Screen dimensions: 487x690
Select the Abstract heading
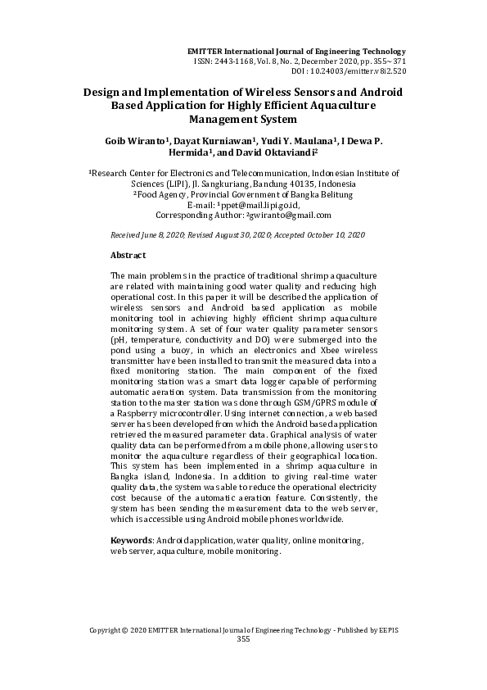pos(128,256)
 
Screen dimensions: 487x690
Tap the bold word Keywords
pos(131,542)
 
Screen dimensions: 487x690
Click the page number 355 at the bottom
pos(243,638)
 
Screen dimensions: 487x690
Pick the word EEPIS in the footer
pos(387,629)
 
